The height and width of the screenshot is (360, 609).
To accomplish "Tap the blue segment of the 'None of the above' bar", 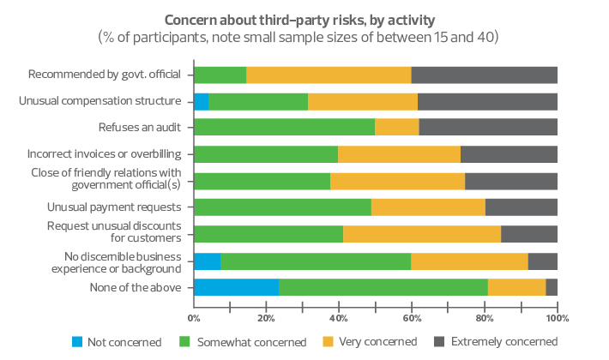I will click(x=236, y=287).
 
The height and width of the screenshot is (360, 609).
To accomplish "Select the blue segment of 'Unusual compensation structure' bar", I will click(x=202, y=101).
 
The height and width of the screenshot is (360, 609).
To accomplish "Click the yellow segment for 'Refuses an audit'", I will click(x=397, y=128).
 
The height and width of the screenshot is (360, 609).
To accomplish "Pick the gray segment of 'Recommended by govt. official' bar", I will click(x=485, y=75).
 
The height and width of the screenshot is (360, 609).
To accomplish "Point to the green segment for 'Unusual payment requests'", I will click(x=282, y=207).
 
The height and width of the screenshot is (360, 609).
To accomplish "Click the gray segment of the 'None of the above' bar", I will click(x=552, y=287).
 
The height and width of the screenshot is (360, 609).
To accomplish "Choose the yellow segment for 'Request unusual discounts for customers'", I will click(x=422, y=234).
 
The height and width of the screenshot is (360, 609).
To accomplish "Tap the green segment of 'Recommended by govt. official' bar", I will click(x=220, y=75).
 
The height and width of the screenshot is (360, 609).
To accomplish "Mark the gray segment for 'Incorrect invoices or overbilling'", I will click(x=509, y=154).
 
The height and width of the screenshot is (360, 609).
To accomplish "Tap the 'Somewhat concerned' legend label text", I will click(x=251, y=342).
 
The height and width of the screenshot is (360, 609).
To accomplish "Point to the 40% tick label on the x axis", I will click(x=339, y=318).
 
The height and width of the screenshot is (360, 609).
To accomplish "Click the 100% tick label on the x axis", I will click(x=557, y=318).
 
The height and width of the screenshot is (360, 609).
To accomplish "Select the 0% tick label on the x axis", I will click(x=194, y=318).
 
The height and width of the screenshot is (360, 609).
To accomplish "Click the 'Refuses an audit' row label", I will click(x=141, y=128).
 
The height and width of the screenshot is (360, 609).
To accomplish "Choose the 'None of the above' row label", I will click(x=135, y=287).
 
